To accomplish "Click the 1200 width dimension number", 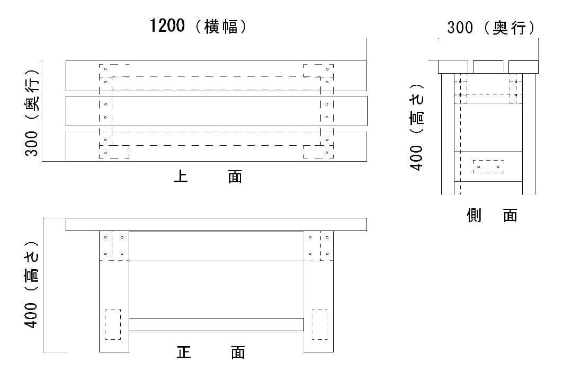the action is pyautogui.click(x=167, y=25).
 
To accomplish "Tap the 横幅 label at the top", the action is pyautogui.click(x=221, y=27).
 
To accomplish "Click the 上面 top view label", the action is pyautogui.click(x=208, y=176).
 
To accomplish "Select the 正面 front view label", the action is pyautogui.click(x=211, y=352).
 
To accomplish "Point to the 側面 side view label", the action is pyautogui.click(x=492, y=215).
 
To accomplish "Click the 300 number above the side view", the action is pyautogui.click(x=460, y=28).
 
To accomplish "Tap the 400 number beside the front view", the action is pyautogui.click(x=31, y=315).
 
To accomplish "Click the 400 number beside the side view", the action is pyautogui.click(x=416, y=158).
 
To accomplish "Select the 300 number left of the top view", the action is pyautogui.click(x=31, y=144).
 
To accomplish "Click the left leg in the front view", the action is pyautogui.click(x=114, y=291).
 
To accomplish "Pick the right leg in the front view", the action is pyautogui.click(x=318, y=291).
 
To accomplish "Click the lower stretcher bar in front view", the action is pyautogui.click(x=216, y=324).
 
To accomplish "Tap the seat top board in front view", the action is pyautogui.click(x=216, y=225).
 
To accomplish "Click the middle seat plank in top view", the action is pyautogui.click(x=216, y=111).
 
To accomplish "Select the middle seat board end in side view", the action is pyautogui.click(x=488, y=67).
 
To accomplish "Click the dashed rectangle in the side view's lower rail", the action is pyautogui.click(x=488, y=167).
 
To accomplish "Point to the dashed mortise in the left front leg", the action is pyautogui.click(x=113, y=324).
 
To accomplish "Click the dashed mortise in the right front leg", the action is pyautogui.click(x=319, y=324).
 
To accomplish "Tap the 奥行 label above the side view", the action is pyautogui.click(x=510, y=28).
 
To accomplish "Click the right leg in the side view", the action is pyautogui.click(x=529, y=134).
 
